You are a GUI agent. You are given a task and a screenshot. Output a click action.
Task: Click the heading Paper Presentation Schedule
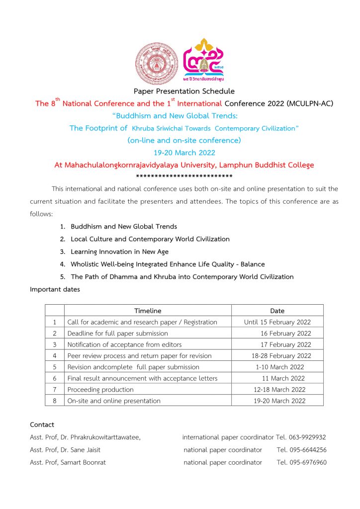point(184,91)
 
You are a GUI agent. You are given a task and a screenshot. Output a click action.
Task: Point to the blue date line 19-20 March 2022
point(184,153)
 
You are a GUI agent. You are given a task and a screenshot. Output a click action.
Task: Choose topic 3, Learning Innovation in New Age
point(119,252)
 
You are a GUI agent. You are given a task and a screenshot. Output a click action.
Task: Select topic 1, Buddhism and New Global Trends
point(123,227)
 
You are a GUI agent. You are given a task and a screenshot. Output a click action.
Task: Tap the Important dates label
point(55,289)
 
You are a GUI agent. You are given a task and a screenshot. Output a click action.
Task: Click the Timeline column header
point(148,311)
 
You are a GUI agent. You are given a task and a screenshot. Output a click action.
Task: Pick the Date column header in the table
point(277,311)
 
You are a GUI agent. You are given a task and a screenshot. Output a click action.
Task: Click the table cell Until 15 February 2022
point(277,322)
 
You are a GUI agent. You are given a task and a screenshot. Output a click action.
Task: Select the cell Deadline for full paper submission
point(117,334)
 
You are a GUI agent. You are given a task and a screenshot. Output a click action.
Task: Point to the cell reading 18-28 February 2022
point(281,356)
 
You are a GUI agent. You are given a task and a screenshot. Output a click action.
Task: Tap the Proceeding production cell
point(100,390)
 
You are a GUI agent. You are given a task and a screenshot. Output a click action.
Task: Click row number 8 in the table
point(55,401)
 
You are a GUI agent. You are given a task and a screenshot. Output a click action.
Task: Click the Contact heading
point(42,424)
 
